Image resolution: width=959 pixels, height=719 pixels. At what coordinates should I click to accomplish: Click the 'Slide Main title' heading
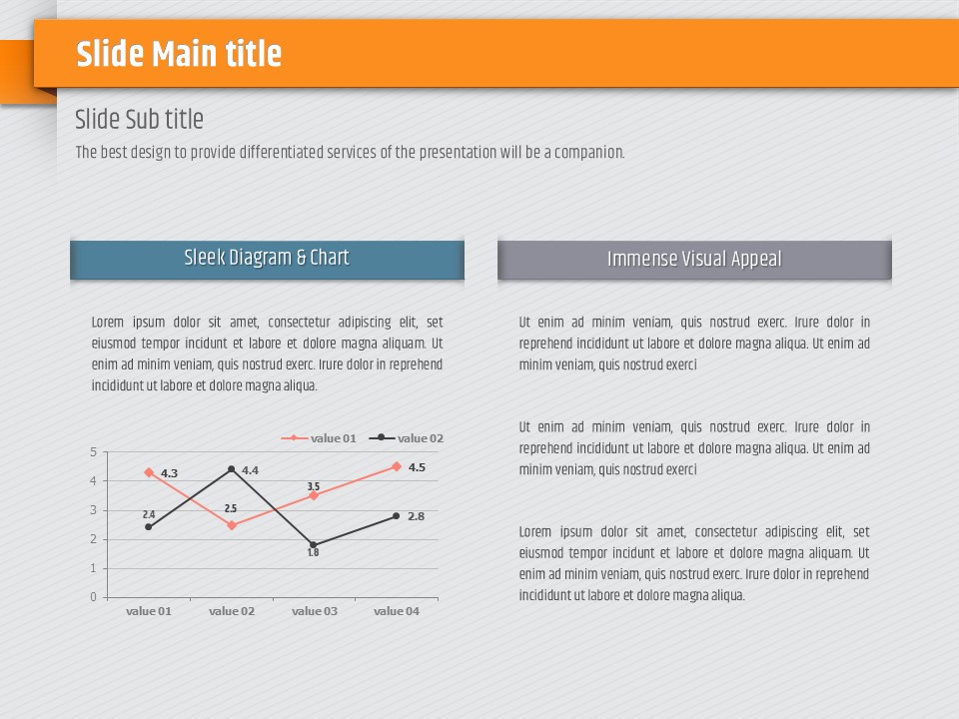[179, 53]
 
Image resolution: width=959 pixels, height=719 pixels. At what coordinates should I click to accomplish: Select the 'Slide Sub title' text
[140, 119]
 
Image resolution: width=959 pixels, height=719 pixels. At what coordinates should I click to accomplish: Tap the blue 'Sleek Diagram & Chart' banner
[268, 260]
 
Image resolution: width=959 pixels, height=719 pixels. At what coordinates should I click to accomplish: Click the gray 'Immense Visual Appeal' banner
[694, 260]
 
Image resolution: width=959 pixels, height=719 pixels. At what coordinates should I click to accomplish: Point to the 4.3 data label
[169, 473]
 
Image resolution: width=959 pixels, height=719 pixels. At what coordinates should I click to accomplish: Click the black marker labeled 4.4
[231, 469]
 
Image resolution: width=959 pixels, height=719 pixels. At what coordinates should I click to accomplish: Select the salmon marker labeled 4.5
[397, 466]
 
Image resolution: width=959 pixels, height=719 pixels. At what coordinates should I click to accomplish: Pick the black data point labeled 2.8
[397, 516]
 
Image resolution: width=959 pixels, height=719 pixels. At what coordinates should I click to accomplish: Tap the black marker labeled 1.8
[313, 545]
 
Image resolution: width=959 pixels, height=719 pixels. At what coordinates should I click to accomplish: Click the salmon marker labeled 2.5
[232, 525]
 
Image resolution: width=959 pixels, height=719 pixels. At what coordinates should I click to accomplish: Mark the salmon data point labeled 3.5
[314, 496]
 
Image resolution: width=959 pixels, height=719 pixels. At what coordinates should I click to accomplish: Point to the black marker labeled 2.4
[149, 527]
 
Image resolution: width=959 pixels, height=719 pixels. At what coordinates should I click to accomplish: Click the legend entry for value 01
[319, 437]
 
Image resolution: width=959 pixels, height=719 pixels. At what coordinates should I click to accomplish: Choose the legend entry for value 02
[407, 437]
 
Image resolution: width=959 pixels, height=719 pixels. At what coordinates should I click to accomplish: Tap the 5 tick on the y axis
[94, 451]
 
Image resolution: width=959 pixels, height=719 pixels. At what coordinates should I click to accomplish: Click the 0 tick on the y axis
[94, 597]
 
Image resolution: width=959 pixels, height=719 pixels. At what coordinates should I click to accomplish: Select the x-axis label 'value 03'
[315, 611]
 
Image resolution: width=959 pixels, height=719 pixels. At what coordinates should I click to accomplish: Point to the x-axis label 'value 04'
[397, 611]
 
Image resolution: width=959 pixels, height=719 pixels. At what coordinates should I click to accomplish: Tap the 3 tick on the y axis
[94, 510]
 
